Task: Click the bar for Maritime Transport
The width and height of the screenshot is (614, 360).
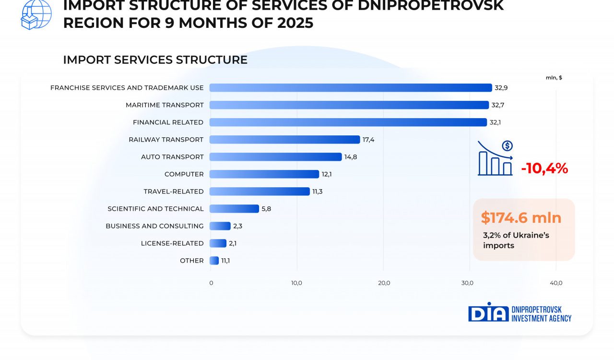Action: click(x=349, y=105)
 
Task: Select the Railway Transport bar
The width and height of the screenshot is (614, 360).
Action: click(x=284, y=140)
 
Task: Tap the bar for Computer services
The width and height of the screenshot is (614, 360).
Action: click(x=264, y=174)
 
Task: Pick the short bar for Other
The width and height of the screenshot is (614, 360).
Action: click(x=214, y=261)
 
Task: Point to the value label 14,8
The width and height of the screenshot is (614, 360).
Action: click(x=351, y=157)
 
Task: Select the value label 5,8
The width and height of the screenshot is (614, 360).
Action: click(x=266, y=209)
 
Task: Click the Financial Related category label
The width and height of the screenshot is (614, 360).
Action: click(x=168, y=122)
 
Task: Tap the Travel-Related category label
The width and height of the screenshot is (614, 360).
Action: click(x=173, y=192)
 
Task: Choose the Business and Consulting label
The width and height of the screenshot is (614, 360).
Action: click(x=154, y=226)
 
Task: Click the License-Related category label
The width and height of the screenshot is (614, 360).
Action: click(x=172, y=243)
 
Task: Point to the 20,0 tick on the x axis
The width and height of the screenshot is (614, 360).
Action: click(x=384, y=283)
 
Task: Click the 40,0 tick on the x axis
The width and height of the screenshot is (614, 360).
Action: click(x=556, y=283)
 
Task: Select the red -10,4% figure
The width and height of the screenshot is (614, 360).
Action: click(x=544, y=168)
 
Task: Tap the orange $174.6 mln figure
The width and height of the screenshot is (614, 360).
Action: click(x=521, y=218)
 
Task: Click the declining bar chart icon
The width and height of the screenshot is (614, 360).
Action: click(x=495, y=158)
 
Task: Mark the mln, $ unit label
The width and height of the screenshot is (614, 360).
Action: click(x=554, y=78)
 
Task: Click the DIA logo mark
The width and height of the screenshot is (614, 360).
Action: click(x=488, y=312)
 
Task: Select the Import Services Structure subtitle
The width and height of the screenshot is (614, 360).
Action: click(x=155, y=60)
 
